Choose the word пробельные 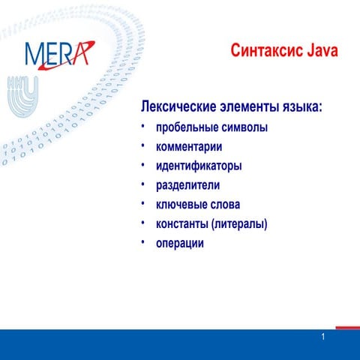coord(187,127)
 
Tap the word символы coord(244,127)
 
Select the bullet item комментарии coord(189,146)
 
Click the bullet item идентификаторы coord(199,166)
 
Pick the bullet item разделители coord(188,184)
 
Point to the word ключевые coord(181,204)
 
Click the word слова coord(225,204)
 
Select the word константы coord(182,223)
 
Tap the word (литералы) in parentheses coord(240,223)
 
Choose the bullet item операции coord(180,243)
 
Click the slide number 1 coord(322,337)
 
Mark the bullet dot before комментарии coord(142,146)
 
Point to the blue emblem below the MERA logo coord(23,94)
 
